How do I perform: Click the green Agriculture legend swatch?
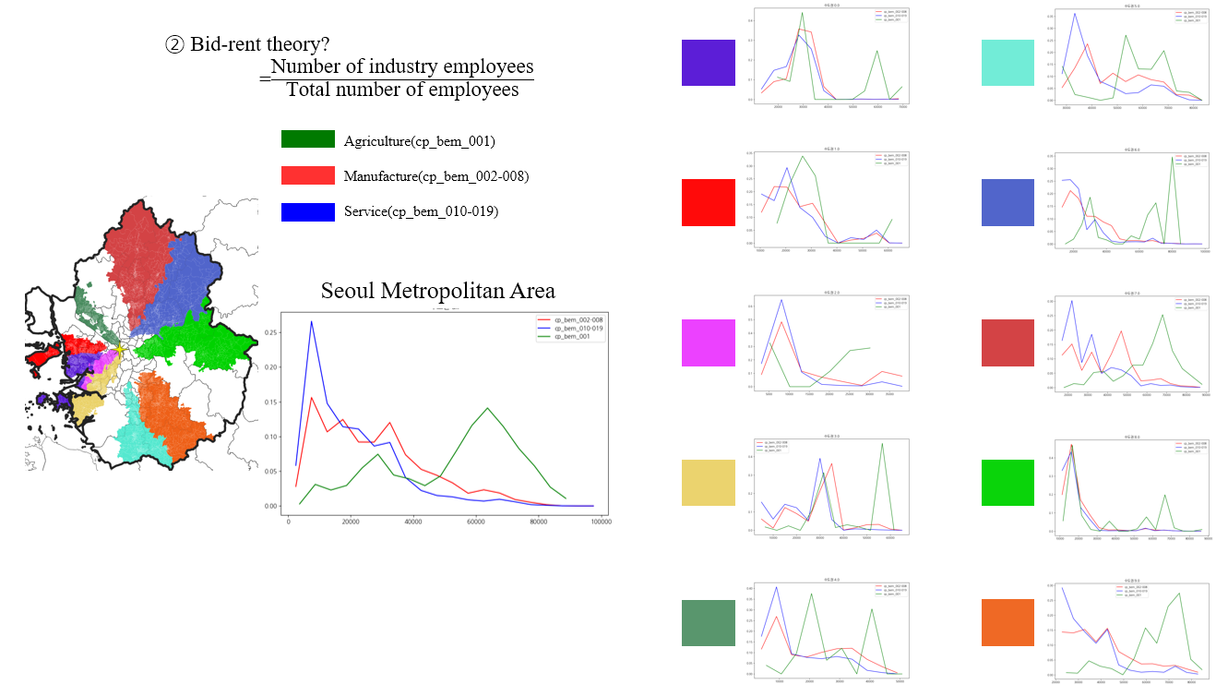[307, 139]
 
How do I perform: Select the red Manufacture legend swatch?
[307, 175]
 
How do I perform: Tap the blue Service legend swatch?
[307, 211]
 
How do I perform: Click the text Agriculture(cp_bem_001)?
[420, 141]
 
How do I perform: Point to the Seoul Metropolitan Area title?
[438, 291]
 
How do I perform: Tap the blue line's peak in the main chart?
[311, 321]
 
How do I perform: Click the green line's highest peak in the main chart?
[487, 408]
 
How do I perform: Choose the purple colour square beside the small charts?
[708, 63]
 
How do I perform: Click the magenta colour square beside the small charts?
[708, 342]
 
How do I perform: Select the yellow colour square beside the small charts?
[708, 482]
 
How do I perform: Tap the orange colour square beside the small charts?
[1008, 622]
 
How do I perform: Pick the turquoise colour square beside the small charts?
[1008, 63]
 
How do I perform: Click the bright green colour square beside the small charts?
[1008, 482]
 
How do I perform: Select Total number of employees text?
[402, 90]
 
